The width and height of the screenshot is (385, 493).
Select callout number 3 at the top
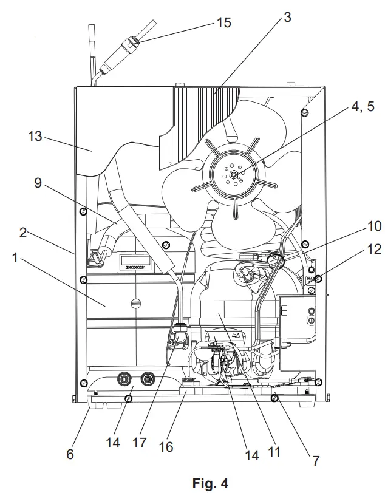(287, 17)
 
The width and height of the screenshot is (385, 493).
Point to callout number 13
(34, 137)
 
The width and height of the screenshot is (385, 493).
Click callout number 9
(38, 183)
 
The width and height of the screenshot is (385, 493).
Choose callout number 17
(140, 443)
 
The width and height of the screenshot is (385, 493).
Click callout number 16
(166, 447)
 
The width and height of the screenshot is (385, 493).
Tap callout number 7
(316, 460)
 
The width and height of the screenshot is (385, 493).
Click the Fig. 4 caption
(210, 483)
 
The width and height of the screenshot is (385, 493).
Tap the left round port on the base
(124, 379)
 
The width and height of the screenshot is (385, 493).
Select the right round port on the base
(148, 379)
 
